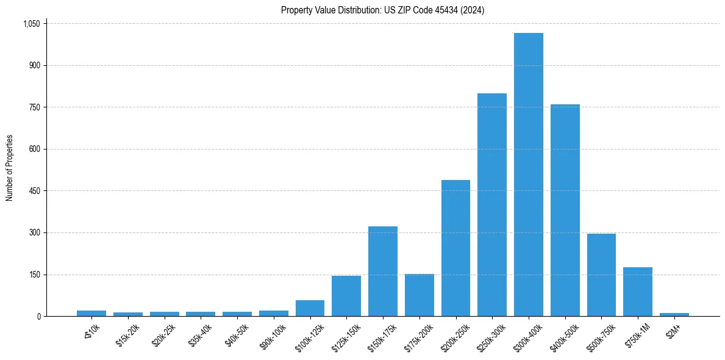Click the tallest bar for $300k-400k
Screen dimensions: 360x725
(528, 175)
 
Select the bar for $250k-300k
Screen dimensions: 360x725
(492, 205)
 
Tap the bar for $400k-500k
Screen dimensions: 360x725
(565, 211)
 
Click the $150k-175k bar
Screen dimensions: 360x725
(383, 272)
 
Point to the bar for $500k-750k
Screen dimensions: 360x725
(601, 275)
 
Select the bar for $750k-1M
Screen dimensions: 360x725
(638, 292)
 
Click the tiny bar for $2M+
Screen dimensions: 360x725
(674, 314)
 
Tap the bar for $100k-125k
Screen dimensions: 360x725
(310, 308)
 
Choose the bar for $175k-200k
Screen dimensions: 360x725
(420, 295)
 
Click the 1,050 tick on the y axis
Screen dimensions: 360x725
(31, 24)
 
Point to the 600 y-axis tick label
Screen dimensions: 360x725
(34, 149)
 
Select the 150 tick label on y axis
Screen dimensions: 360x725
(34, 275)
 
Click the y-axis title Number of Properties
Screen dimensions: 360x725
(9, 168)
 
